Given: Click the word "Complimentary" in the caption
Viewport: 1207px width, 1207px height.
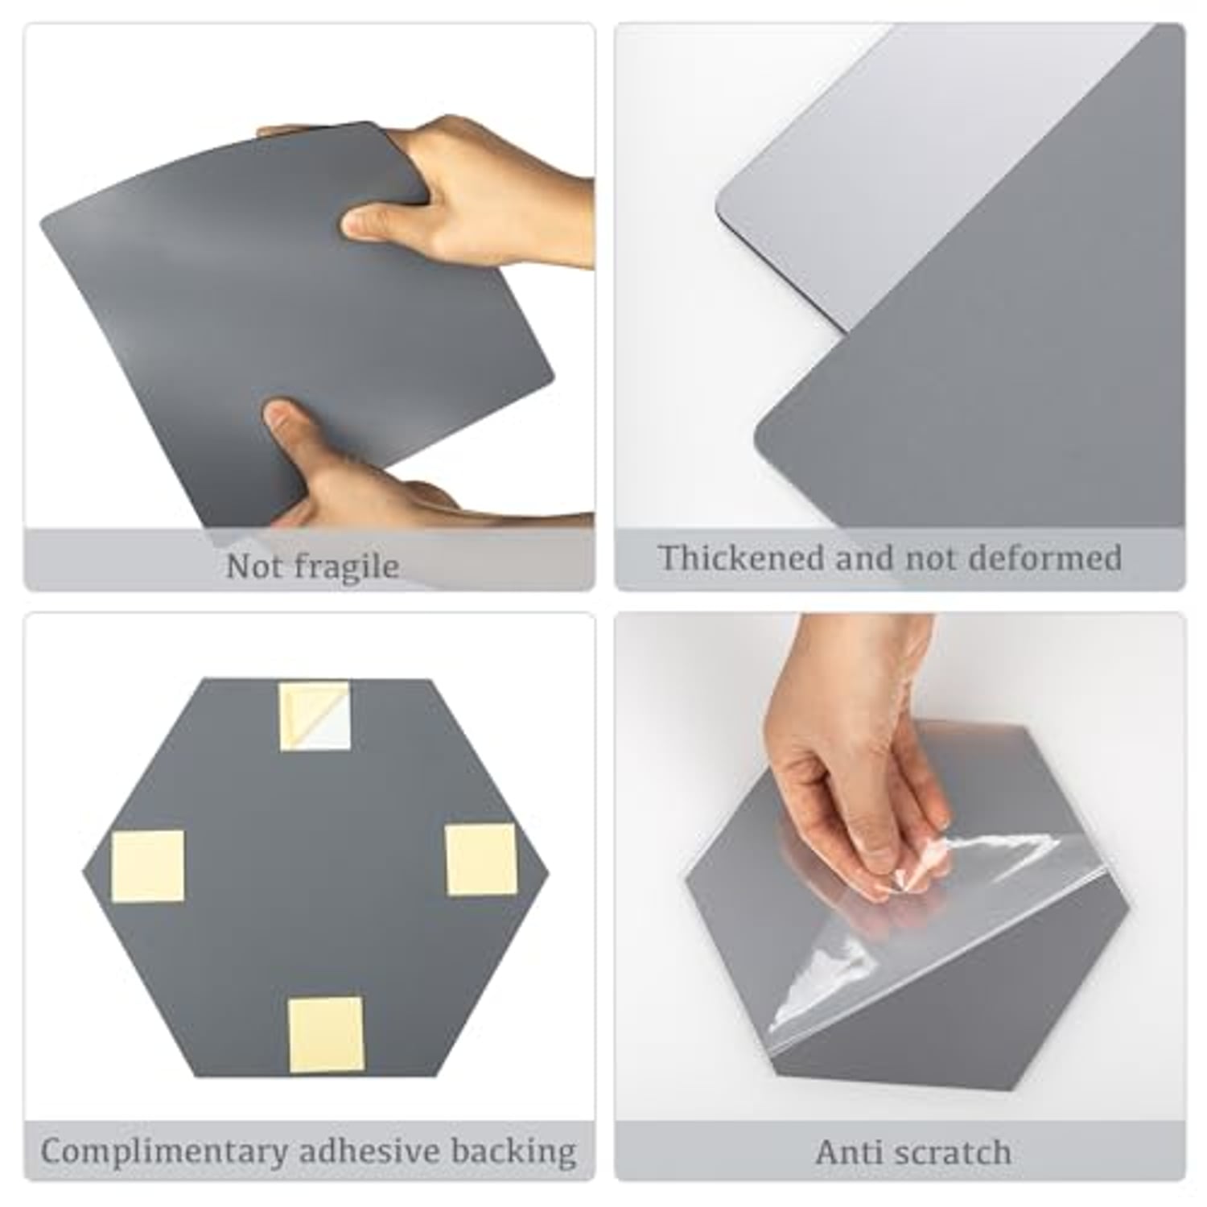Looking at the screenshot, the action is coord(164,1151).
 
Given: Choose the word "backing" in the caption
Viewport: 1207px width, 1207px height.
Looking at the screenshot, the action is coord(514,1151).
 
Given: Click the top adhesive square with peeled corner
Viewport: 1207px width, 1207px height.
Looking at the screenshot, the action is coord(315,716).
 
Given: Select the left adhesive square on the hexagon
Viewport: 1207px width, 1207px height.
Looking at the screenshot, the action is coord(148,867).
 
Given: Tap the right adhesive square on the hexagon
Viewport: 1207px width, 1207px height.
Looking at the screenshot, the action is coord(481,859).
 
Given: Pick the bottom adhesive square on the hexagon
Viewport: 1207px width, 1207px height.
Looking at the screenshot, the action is coord(326,1034).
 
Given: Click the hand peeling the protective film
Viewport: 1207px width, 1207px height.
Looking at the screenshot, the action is coord(853,764).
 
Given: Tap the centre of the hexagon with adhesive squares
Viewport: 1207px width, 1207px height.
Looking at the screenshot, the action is coord(316,877).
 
